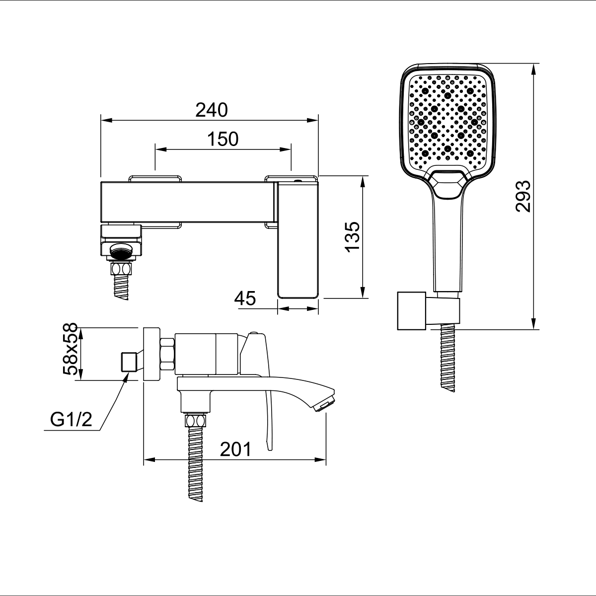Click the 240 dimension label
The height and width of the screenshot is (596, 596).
212,110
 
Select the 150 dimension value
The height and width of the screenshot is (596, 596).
223,139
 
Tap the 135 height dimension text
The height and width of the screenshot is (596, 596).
353,237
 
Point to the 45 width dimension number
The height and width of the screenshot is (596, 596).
245,298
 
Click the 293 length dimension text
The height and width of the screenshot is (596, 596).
523,196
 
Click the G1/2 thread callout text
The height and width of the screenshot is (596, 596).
71,419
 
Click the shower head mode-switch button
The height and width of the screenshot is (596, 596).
447,184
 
